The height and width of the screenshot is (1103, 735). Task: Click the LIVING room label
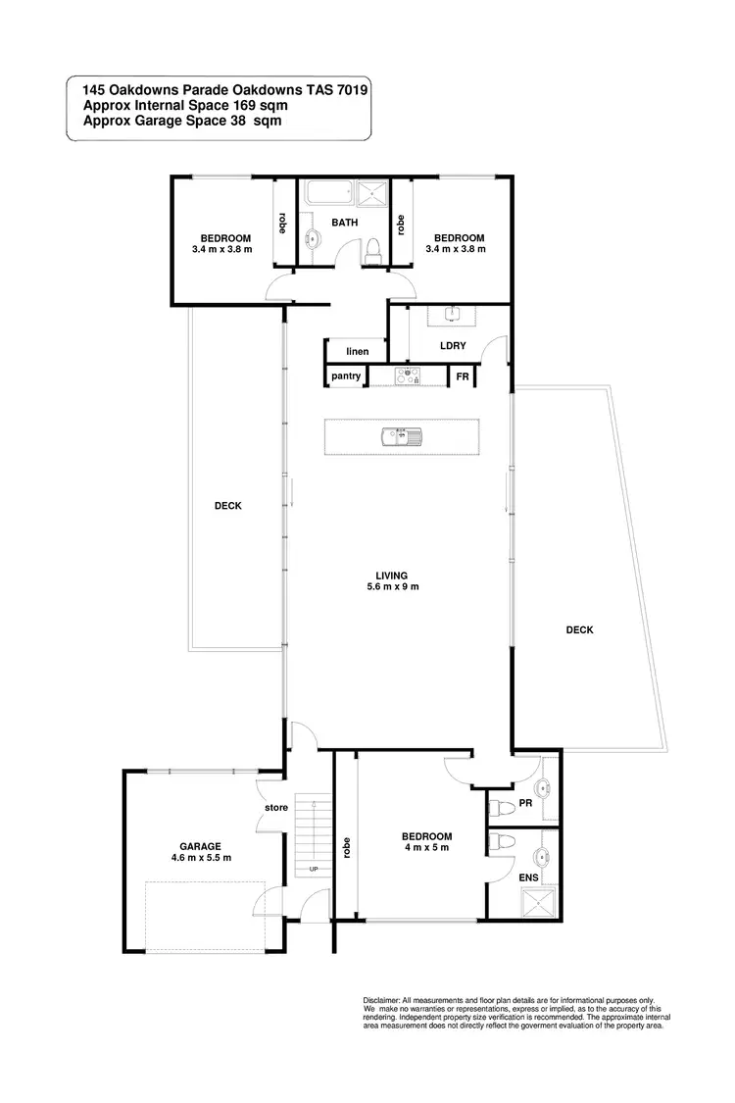[398, 576]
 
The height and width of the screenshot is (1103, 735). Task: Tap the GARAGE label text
[199, 846]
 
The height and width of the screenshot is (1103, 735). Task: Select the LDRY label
[453, 345]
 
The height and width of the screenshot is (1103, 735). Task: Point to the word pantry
[346, 376]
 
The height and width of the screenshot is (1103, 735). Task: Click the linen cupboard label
[356, 350]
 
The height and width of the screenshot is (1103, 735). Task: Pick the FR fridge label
[462, 376]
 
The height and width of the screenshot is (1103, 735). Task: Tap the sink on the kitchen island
[403, 435]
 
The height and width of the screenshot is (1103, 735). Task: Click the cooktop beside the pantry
[407, 375]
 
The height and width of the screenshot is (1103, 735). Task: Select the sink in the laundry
[452, 315]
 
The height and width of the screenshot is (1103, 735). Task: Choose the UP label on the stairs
[314, 869]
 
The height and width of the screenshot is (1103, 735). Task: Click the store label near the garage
[274, 809]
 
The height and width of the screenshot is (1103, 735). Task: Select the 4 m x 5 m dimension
[425, 848]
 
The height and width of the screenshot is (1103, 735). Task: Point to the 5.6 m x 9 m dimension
[398, 587]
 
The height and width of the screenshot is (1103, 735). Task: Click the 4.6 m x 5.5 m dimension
[199, 858]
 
